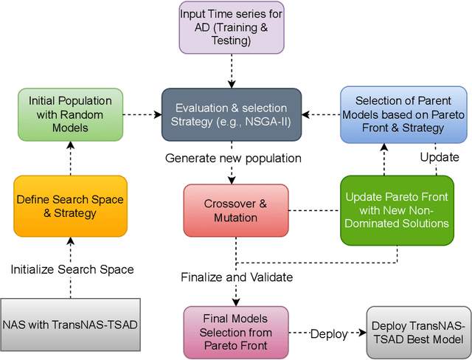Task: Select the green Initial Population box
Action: tap(70, 114)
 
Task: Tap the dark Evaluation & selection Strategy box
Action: tap(232, 114)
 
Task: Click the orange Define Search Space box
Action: tap(70, 207)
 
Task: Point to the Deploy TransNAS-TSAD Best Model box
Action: tap(417, 333)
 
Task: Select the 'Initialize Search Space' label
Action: tap(72, 269)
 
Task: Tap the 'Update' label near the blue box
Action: tap(439, 157)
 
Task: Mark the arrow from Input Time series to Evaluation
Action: tap(232, 71)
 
